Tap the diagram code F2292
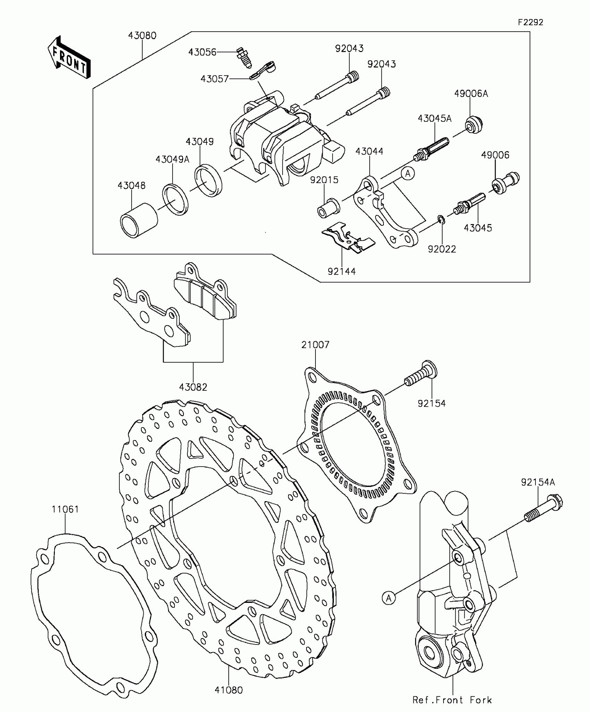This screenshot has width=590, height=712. [x=530, y=22]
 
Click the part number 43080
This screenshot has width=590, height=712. [x=142, y=35]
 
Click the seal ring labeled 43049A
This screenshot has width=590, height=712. [x=176, y=200]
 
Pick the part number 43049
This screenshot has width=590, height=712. [x=200, y=142]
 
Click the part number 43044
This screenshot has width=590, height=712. [x=369, y=151]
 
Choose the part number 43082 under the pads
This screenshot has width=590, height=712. [x=193, y=387]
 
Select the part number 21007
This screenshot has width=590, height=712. [x=315, y=345]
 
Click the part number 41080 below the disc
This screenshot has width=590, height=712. [x=228, y=690]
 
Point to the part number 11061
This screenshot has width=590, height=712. [x=65, y=510]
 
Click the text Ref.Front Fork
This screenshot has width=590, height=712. [x=452, y=700]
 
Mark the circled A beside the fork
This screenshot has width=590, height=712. [x=389, y=598]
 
